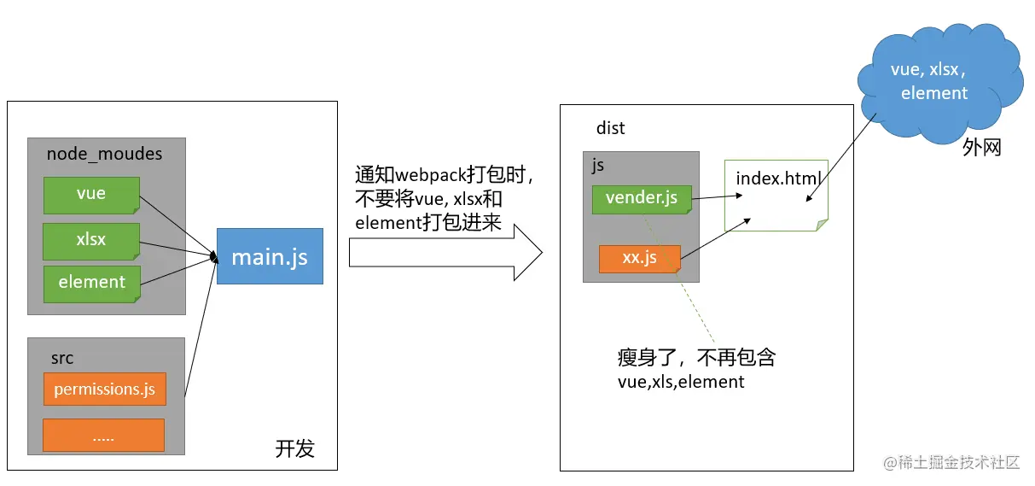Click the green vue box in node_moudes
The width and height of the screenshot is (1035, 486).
(91, 194)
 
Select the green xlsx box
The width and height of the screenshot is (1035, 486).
(91, 240)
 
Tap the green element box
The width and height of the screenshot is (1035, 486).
(91, 283)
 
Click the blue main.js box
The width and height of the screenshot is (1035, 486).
(270, 256)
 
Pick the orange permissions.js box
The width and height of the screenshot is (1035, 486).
(104, 389)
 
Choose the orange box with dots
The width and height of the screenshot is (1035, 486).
(103, 436)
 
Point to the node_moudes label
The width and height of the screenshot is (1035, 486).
(104, 155)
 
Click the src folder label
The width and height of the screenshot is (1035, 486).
(61, 358)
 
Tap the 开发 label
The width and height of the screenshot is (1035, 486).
(294, 448)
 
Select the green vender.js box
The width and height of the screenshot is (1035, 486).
(641, 198)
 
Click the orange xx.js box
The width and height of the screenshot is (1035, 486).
(639, 258)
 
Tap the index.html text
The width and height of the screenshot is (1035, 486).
(778, 179)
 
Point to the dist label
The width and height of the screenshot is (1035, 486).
(610, 128)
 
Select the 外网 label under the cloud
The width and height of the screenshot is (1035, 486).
(981, 148)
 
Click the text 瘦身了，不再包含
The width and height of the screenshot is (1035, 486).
(695, 358)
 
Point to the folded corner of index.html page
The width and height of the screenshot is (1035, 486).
(821, 225)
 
